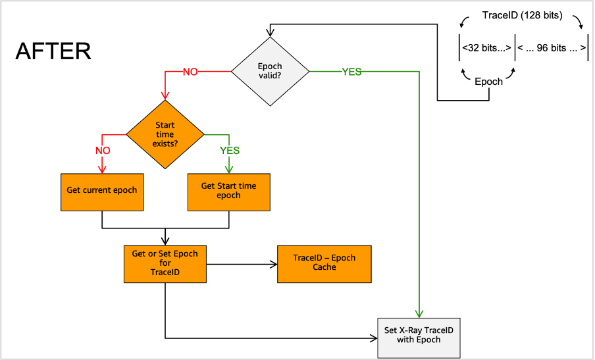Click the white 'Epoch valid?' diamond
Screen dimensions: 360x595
(270, 71)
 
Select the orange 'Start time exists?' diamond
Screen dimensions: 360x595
(165, 134)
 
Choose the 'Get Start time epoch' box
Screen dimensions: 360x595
(228, 192)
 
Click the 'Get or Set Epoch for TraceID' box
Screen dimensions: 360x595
(165, 264)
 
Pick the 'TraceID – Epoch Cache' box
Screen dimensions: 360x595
(324, 263)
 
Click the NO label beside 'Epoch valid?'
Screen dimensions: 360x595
(190, 72)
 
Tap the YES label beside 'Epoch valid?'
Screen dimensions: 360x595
(351, 72)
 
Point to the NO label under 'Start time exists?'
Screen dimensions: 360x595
(103, 151)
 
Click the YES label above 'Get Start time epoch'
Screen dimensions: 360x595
(229, 151)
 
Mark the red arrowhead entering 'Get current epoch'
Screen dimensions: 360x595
(102, 168)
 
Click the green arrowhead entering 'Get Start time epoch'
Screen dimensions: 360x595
(229, 168)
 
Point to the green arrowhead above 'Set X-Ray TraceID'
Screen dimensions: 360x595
(419, 313)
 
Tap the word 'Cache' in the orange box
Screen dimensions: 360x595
(324, 267)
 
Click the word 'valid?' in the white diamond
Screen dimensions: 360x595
(270, 76)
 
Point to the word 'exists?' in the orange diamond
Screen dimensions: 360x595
(165, 143)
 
